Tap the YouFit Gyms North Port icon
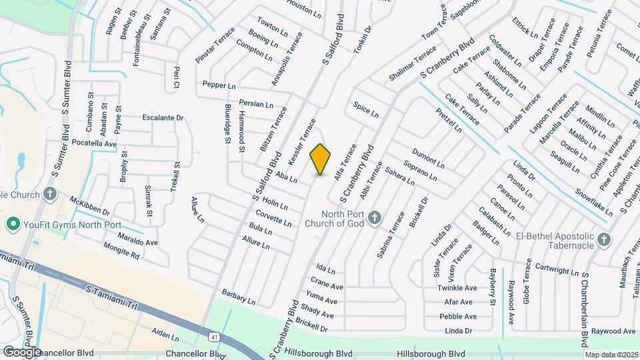tap(11, 223)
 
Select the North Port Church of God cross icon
tap(375, 217)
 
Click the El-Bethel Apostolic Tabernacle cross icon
tap(603, 239)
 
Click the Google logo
tap(22, 351)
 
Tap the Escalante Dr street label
tap(163, 118)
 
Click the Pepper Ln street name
tap(219, 86)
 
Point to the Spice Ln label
tap(366, 110)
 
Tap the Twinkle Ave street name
tap(457, 288)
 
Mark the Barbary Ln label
tap(239, 297)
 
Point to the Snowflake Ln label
tap(594, 201)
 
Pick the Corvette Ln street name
tap(274, 218)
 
